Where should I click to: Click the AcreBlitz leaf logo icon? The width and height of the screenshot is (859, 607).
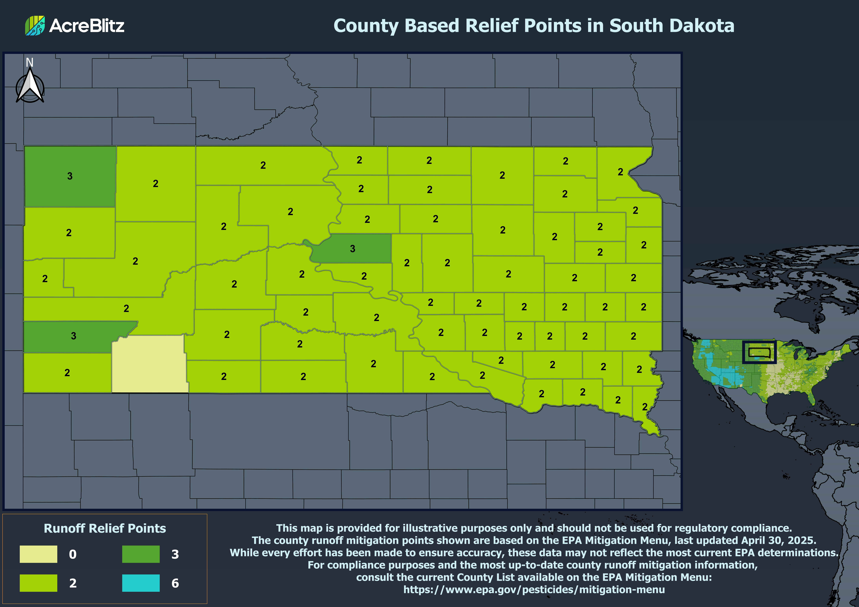tap(35, 25)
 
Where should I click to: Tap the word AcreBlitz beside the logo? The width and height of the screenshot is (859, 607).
tap(87, 25)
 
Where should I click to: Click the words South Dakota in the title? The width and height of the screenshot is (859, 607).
tap(672, 25)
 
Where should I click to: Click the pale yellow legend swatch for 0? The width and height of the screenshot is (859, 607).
tap(39, 554)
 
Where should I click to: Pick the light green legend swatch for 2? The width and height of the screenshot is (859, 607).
tap(39, 583)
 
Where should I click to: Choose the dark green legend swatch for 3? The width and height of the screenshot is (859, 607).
tap(141, 554)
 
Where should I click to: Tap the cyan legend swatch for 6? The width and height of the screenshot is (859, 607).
tap(141, 583)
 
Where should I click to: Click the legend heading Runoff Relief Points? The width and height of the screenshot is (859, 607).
tap(105, 528)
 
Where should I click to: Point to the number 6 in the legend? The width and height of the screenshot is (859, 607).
tap(175, 583)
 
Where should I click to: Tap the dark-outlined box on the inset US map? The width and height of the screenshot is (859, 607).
tap(759, 352)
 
